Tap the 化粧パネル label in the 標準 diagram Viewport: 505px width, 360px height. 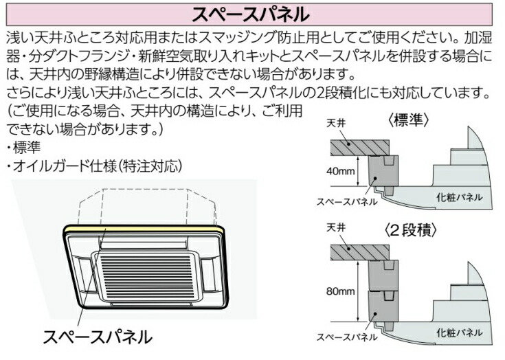(x=459, y=197)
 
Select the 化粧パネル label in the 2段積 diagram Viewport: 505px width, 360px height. (x=459, y=332)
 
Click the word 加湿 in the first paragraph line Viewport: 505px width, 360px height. (x=476, y=36)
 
